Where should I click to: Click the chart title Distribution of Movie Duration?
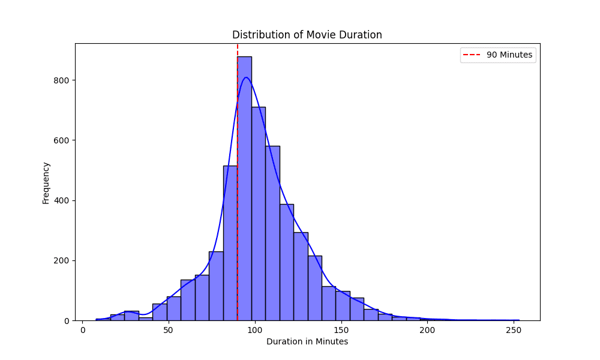point(307,35)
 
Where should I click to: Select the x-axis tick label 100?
point(255,331)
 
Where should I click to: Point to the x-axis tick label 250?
point(513,331)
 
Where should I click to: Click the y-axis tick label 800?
point(62,80)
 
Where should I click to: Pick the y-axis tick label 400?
point(62,200)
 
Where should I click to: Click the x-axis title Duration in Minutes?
point(307,342)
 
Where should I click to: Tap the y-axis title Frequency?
point(46,182)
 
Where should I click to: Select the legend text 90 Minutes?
point(509,55)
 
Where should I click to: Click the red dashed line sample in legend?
point(472,55)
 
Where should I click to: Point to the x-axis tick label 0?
point(83,331)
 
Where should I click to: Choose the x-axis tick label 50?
point(169,331)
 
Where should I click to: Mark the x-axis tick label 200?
point(427,331)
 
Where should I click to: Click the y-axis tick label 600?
point(62,140)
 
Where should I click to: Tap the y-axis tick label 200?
point(62,260)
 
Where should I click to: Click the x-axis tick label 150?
point(341,331)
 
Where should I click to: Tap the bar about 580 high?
point(272,233)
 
